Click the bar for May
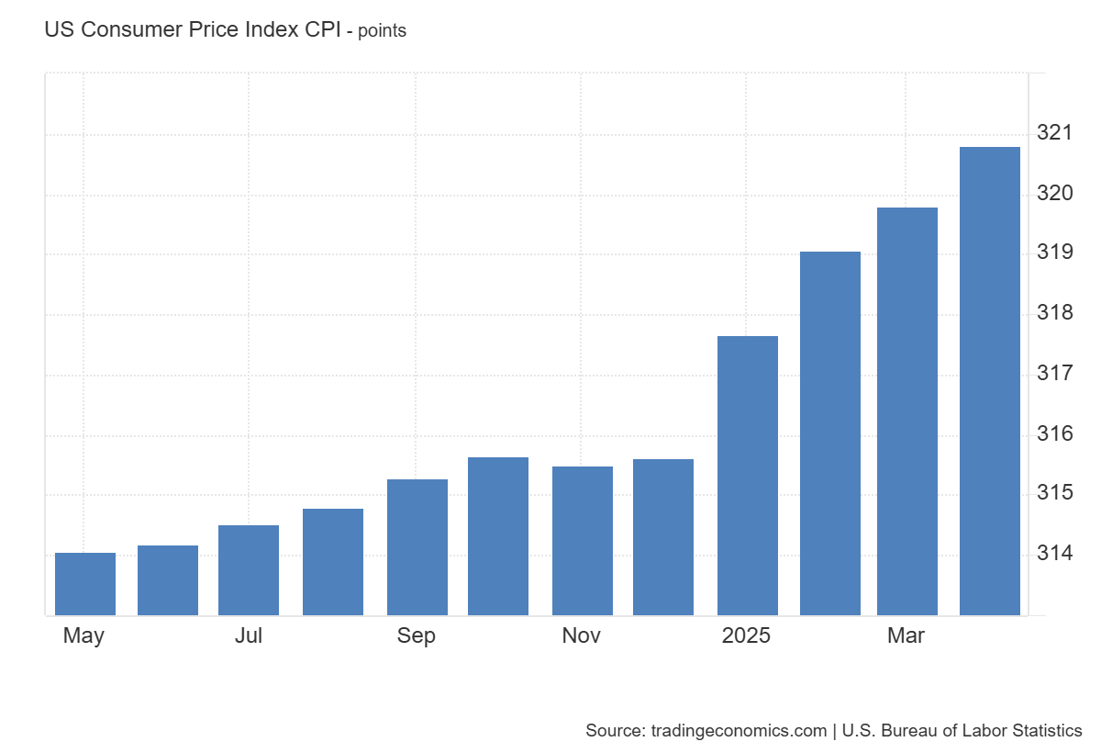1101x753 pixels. click(85, 584)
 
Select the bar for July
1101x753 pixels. click(249, 570)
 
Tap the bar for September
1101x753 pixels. click(417, 547)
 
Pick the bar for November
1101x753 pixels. click(583, 541)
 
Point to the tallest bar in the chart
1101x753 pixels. click(990, 381)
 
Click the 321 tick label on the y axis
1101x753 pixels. click(1054, 133)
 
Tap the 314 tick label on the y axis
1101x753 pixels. click(1054, 554)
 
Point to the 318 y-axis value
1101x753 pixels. click(1054, 313)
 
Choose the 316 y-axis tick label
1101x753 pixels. click(1054, 433)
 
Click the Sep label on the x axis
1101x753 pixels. click(417, 636)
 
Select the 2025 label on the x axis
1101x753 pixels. click(747, 636)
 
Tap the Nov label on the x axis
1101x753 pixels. click(582, 636)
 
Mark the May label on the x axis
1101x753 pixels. click(83, 636)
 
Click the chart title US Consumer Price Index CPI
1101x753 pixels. click(193, 29)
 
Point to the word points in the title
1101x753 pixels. click(382, 31)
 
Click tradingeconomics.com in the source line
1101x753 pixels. click(739, 731)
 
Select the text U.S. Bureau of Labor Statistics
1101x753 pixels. click(962, 731)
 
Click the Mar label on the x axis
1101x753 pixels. click(906, 636)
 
